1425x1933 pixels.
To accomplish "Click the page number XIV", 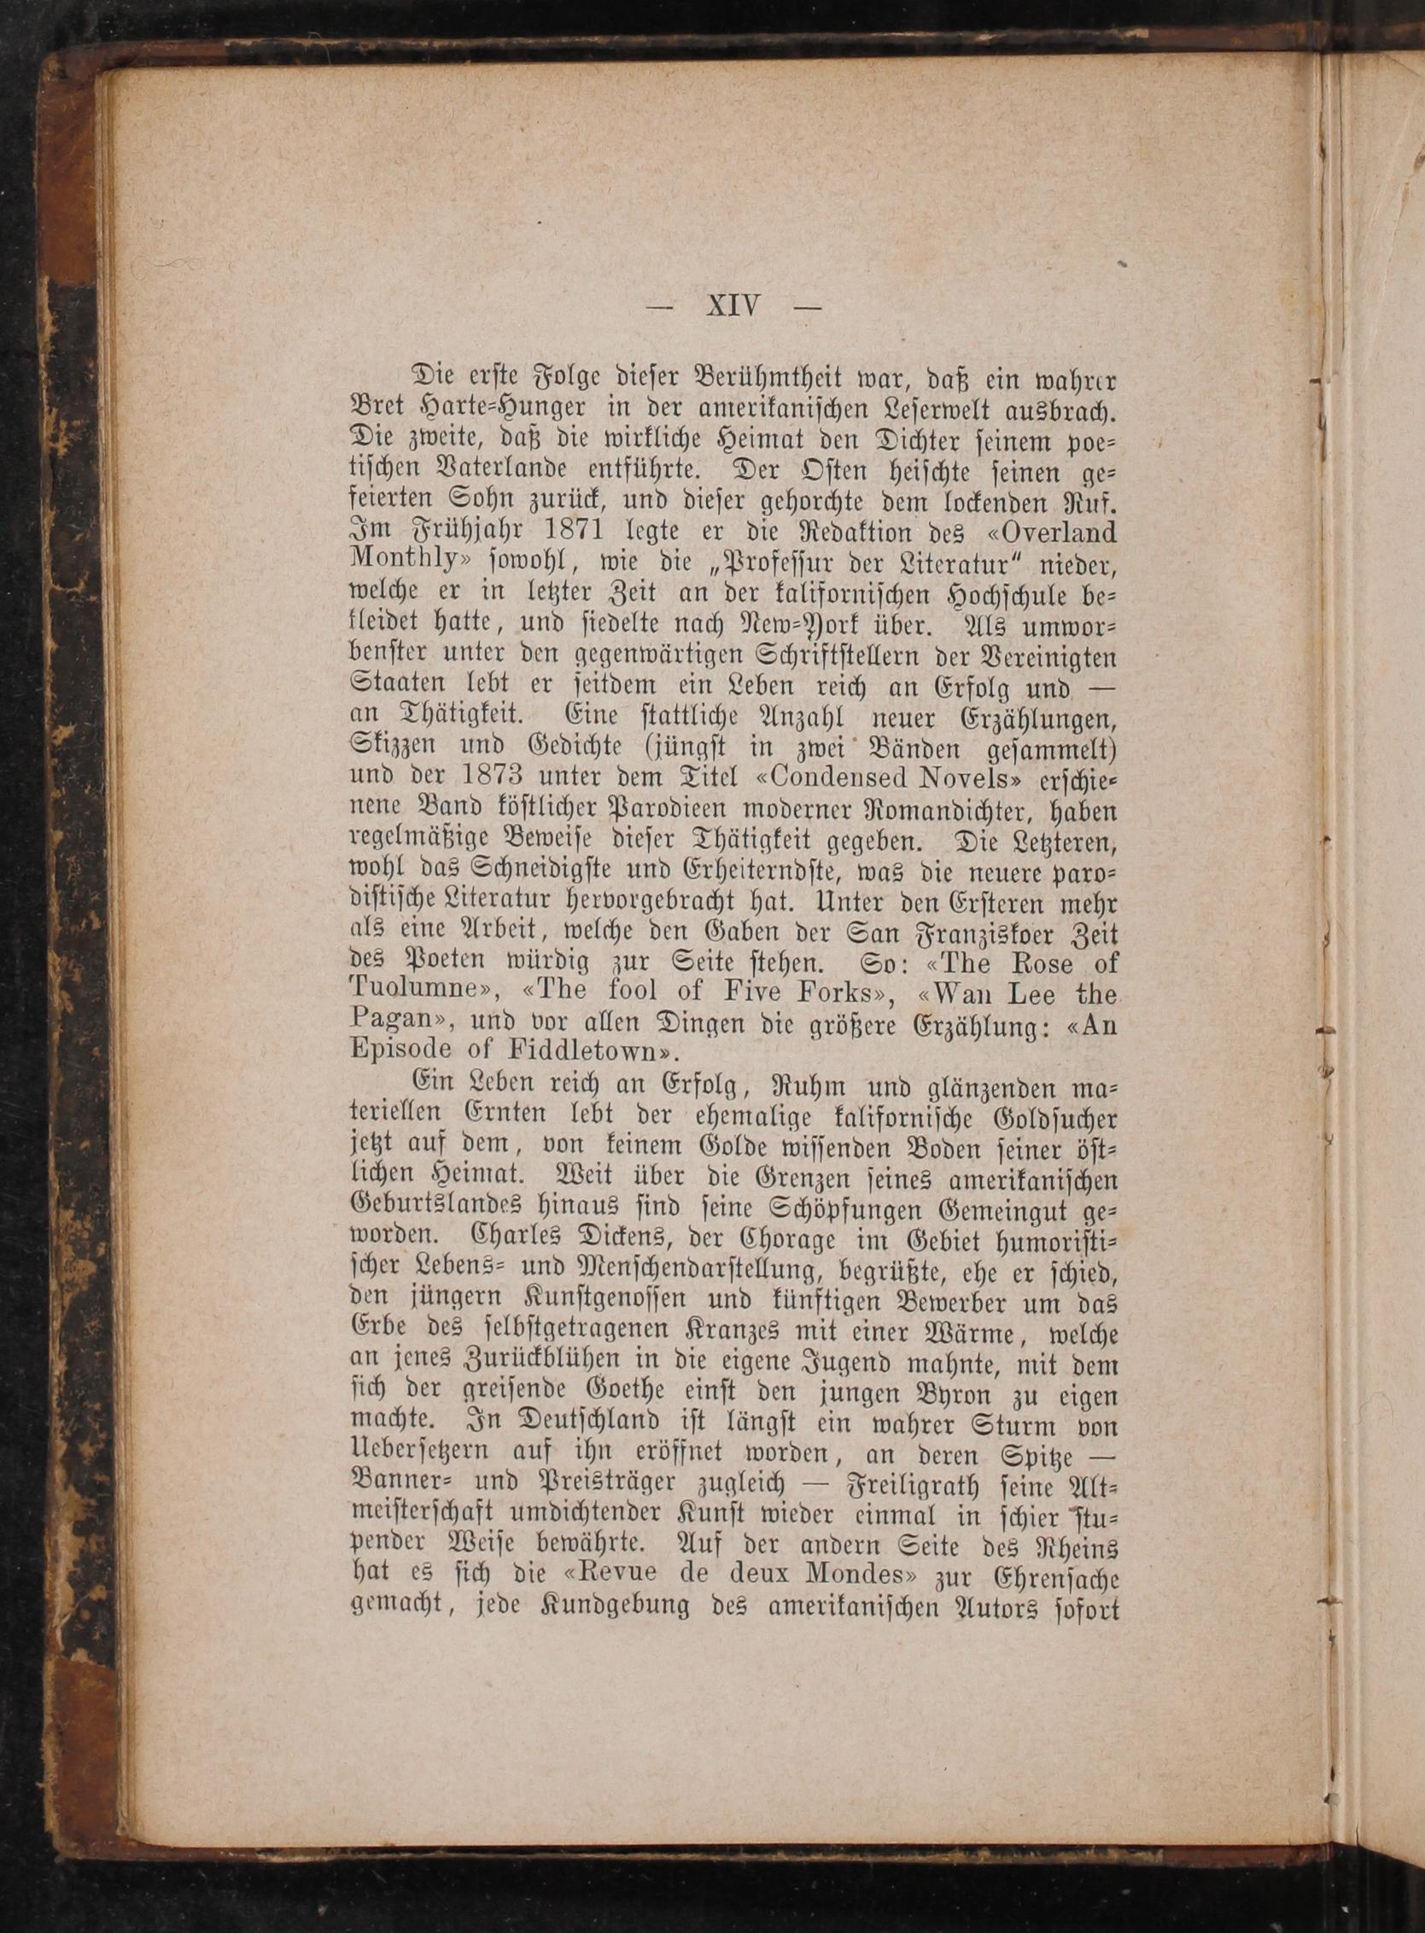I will [x=733, y=306].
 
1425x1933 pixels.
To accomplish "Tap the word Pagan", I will [x=391, y=1020].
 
